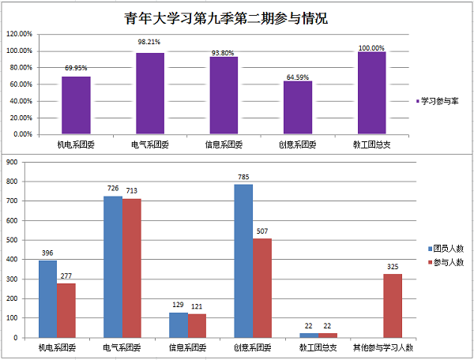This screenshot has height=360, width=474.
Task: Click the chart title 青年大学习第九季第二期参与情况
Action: (x=226, y=18)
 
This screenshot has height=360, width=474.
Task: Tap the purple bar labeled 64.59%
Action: (x=298, y=107)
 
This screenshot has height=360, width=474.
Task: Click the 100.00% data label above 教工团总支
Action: (x=371, y=48)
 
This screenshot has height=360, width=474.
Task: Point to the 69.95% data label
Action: (x=77, y=68)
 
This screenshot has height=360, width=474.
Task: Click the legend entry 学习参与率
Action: (x=439, y=102)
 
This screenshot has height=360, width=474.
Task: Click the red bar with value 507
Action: (x=262, y=288)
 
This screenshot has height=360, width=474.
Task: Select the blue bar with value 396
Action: (x=47, y=298)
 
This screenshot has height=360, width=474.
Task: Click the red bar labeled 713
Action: (x=132, y=268)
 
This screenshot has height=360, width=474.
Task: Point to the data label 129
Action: (x=178, y=306)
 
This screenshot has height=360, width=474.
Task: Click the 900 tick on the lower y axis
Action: (x=12, y=162)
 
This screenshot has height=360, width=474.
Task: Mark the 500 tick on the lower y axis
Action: (x=12, y=240)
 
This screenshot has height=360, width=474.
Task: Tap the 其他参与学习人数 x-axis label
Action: (x=383, y=348)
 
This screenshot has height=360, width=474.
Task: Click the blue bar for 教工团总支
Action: (x=309, y=335)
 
